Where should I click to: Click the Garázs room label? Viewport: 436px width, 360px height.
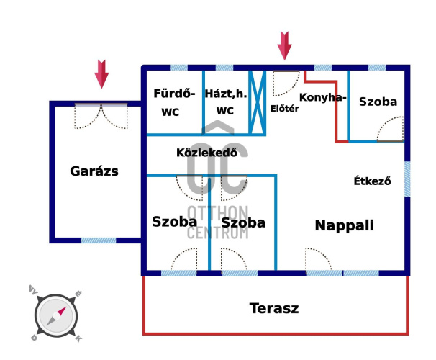(94, 171)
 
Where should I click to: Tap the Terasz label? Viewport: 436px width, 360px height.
(274, 309)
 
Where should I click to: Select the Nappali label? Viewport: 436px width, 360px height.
(344, 225)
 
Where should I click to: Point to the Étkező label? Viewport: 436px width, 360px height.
(372, 181)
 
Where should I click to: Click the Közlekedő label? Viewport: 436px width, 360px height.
(206, 153)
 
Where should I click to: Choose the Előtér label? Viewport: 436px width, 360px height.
(284, 109)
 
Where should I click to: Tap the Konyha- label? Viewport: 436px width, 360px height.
(323, 97)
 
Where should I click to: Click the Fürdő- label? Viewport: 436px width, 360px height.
(175, 93)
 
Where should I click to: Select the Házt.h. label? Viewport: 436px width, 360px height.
(225, 93)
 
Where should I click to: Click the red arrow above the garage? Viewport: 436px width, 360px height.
(101, 74)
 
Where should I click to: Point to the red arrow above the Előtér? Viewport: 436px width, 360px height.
(285, 45)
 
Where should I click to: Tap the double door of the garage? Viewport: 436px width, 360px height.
(101, 117)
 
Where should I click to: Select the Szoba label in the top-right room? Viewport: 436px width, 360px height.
(378, 102)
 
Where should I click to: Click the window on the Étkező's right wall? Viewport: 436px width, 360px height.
(407, 179)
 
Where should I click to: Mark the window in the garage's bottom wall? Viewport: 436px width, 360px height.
(98, 240)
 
